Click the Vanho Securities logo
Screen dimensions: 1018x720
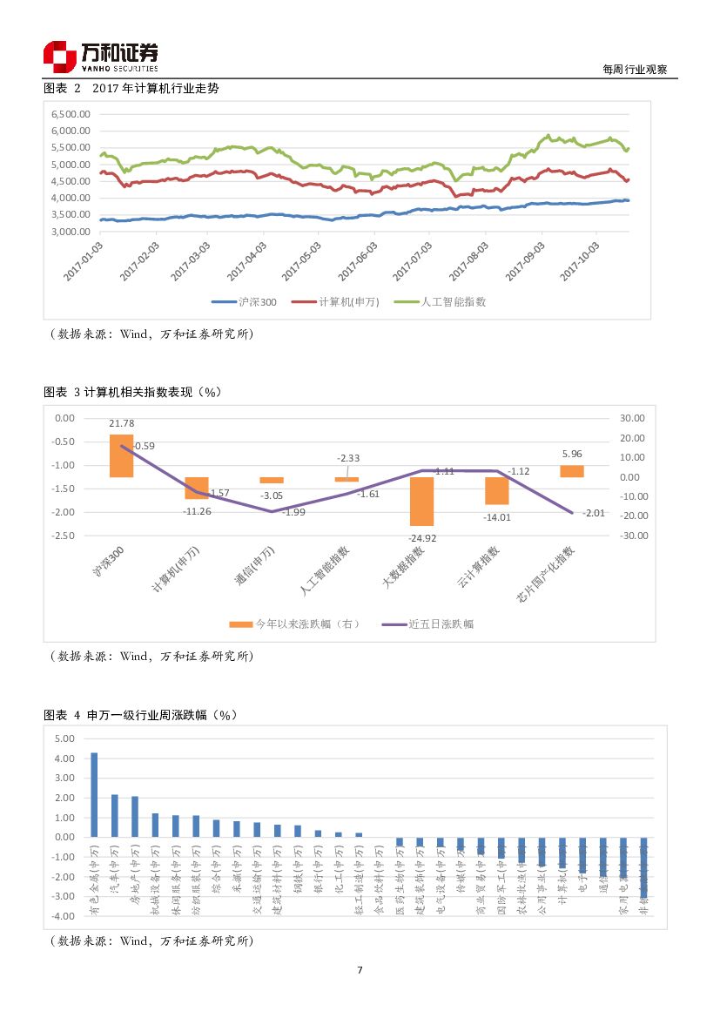[x=100, y=57]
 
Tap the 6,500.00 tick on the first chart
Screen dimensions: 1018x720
[x=71, y=114]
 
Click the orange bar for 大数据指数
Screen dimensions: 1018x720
[x=422, y=501]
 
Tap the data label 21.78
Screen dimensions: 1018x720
[x=121, y=422]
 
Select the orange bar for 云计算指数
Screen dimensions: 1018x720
[x=497, y=490]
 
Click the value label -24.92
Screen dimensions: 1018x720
[x=422, y=538]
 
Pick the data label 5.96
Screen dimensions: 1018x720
[x=572, y=454]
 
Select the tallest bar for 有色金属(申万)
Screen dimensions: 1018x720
[x=94, y=794]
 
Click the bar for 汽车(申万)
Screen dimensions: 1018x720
[x=114, y=815]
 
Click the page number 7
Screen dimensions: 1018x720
[x=360, y=970]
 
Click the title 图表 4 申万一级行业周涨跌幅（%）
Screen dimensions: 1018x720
[x=141, y=715]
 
